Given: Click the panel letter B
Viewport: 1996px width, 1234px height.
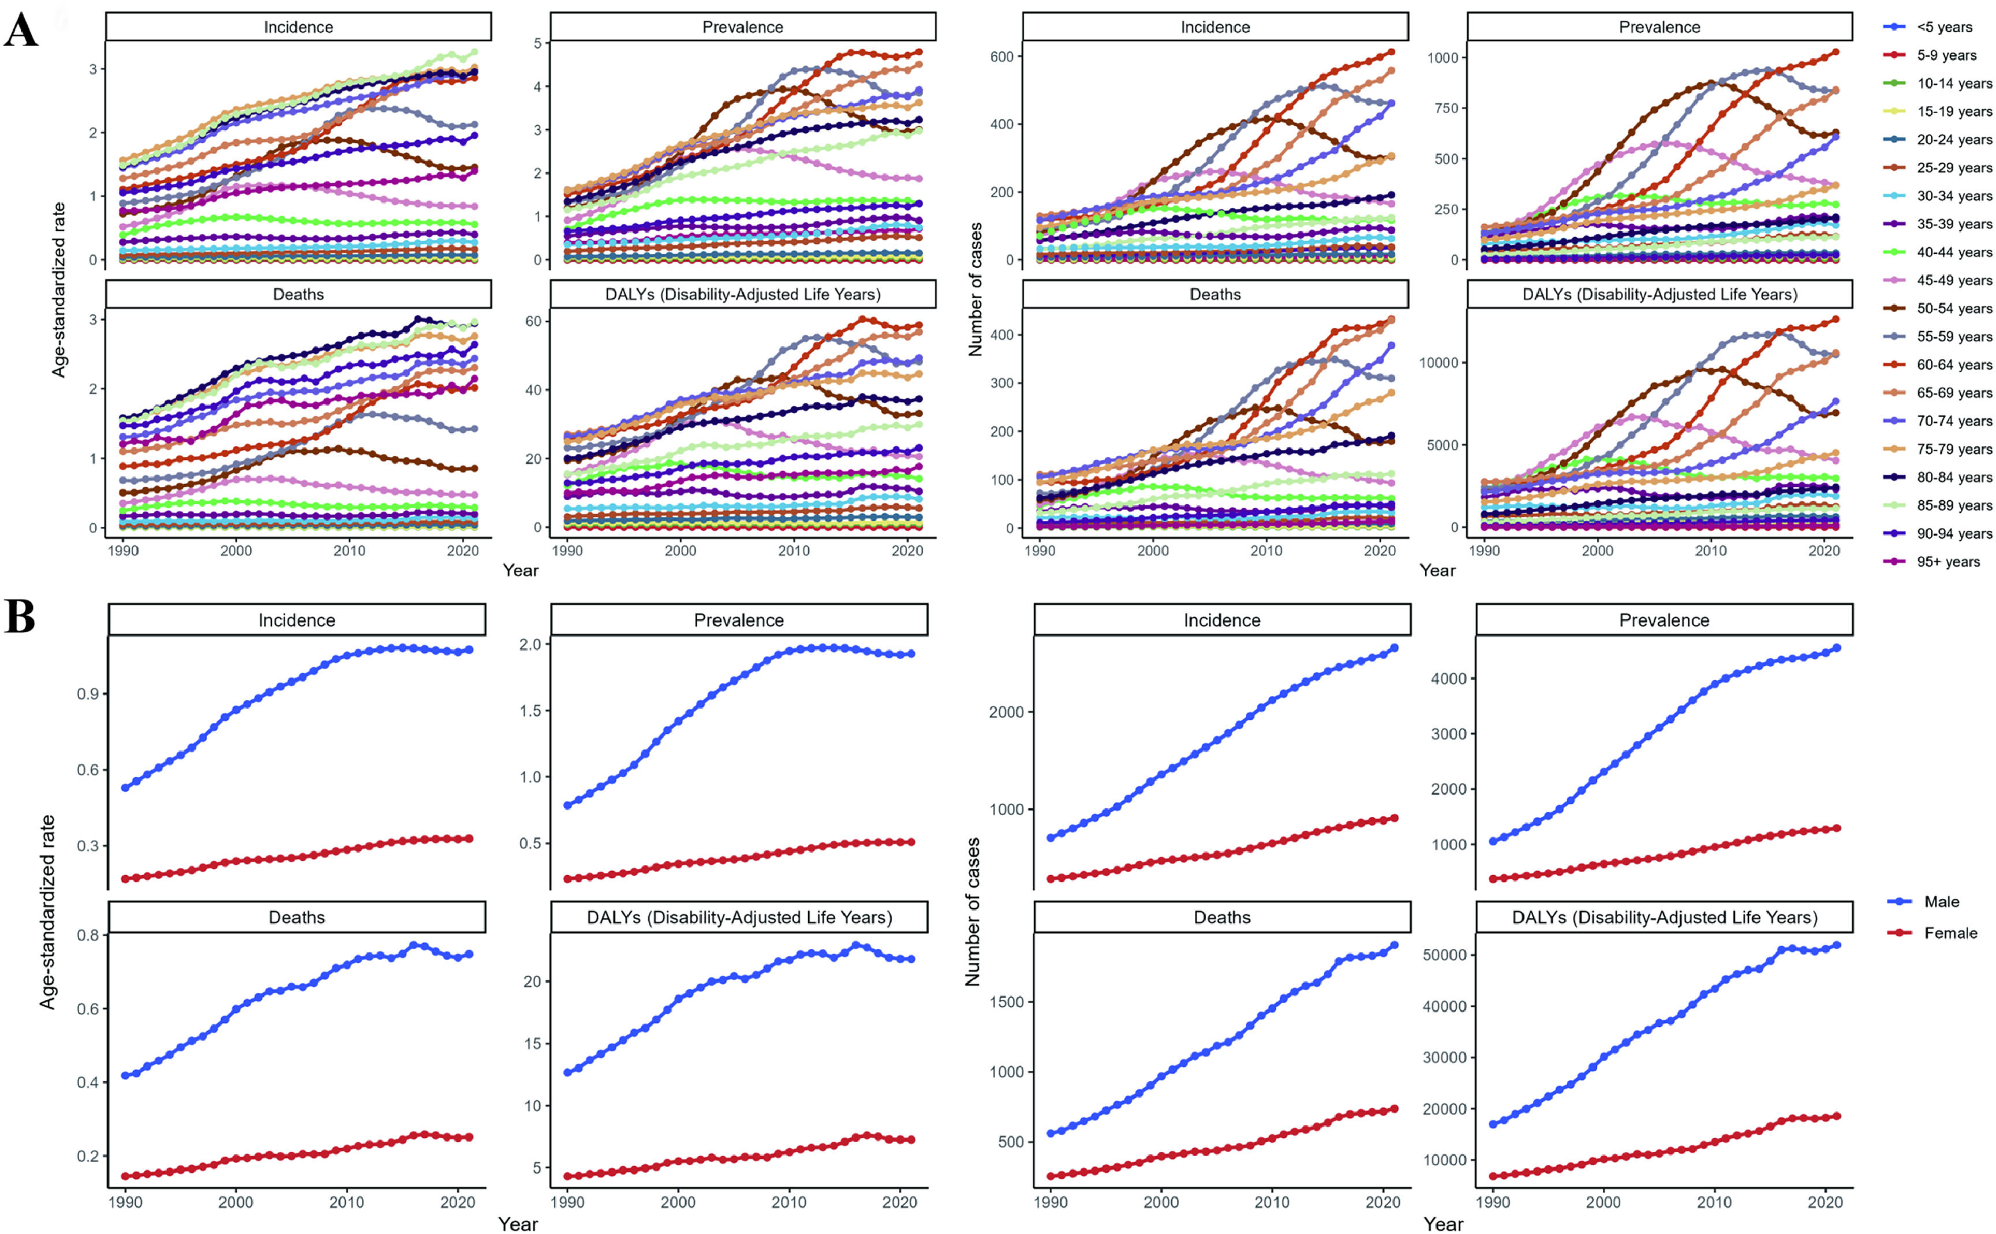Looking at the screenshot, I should tap(20, 617).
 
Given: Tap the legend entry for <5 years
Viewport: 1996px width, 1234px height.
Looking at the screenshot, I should tap(1943, 27).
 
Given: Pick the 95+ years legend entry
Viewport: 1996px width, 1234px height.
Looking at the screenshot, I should tap(1948, 561).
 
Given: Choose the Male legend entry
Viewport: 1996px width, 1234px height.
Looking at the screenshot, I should tap(1941, 902).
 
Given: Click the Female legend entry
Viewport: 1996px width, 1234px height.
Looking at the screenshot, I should tap(1950, 933).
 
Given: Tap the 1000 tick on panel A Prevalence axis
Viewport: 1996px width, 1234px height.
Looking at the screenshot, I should tap(1442, 57).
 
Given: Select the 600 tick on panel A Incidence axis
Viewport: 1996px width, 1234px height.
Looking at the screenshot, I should tap(1001, 57).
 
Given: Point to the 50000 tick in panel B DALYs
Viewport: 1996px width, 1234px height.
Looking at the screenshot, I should tap(1444, 955).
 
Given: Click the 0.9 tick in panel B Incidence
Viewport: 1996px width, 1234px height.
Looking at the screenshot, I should tap(88, 693).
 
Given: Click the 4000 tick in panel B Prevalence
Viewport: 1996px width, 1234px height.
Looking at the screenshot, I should tap(1448, 678).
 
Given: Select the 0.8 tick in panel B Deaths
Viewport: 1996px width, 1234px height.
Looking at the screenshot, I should tap(88, 935).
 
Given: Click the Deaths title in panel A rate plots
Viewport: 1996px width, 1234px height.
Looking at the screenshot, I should tap(298, 294).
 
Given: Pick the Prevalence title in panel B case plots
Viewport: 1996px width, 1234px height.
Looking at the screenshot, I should tap(1664, 620).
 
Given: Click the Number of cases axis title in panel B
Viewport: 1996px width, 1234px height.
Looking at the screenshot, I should tap(973, 912).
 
